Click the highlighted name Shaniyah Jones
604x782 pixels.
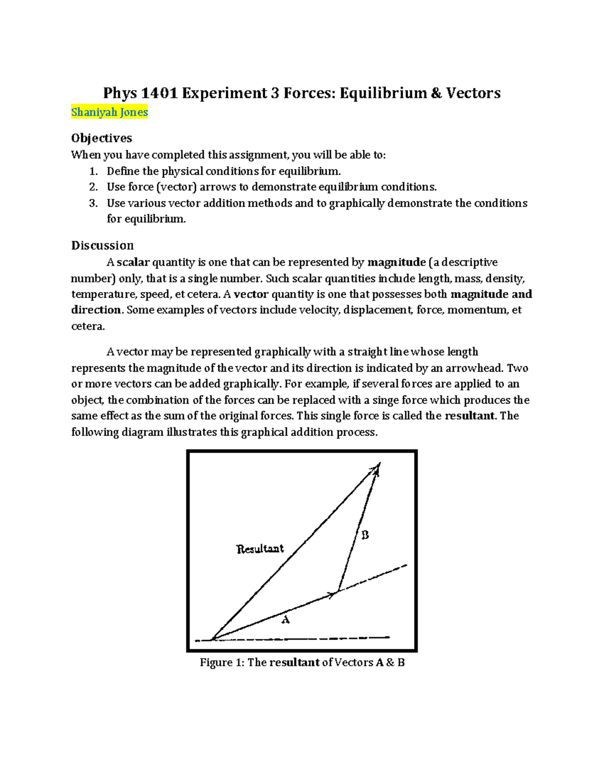tap(109, 112)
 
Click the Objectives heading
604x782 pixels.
tap(101, 138)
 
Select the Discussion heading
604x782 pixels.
tap(102, 245)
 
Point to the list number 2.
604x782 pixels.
tap(93, 187)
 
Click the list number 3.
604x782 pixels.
tap(93, 203)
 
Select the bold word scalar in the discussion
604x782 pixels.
tap(133, 262)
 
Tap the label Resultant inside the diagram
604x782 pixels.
tap(260, 549)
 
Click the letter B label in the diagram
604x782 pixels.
tap(365, 535)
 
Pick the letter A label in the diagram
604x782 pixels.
tap(285, 620)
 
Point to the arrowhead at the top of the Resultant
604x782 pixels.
tap(376, 468)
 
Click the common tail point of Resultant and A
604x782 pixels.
tap(213, 639)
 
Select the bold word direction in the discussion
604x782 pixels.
tap(96, 310)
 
